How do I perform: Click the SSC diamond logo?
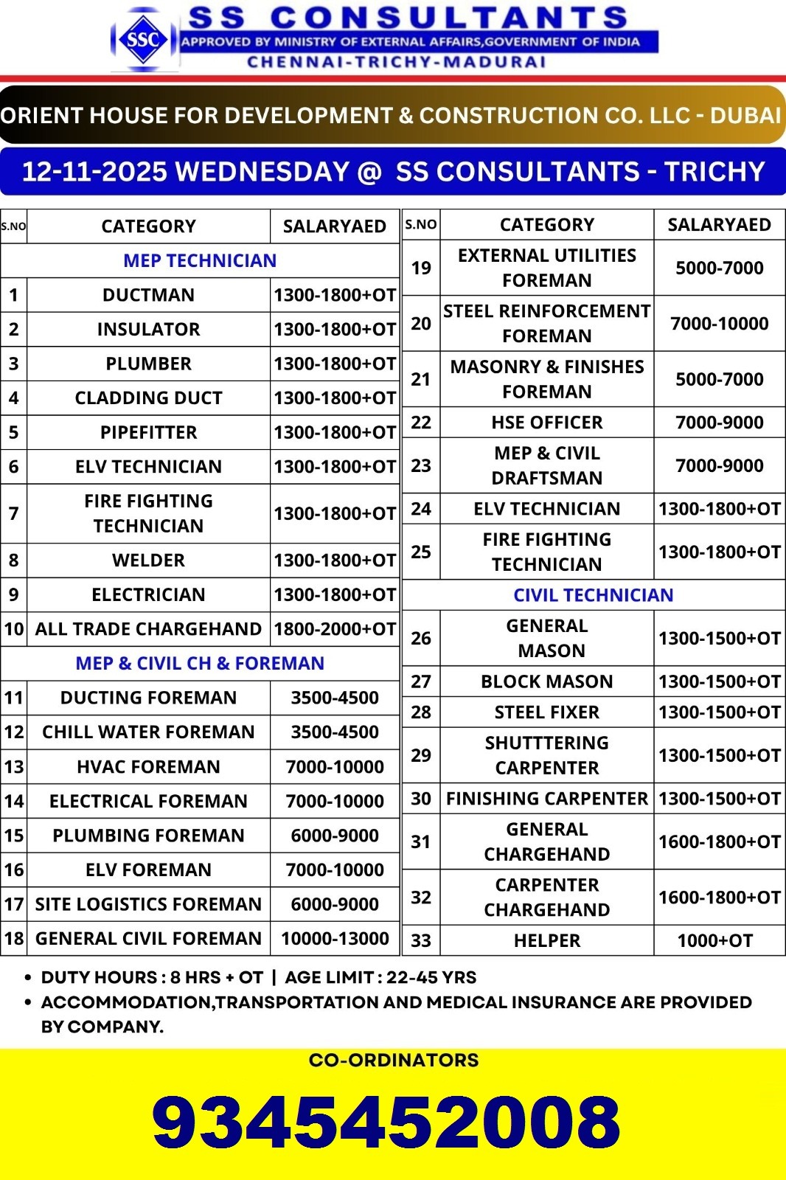[143, 39]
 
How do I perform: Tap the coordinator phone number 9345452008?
[386, 1122]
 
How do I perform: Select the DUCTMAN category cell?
[148, 295]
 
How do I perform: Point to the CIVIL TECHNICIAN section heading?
[593, 595]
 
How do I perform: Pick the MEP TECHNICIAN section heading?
[200, 260]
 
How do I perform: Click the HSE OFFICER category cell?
[546, 423]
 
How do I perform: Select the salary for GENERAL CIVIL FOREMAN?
[335, 938]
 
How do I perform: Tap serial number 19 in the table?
[421, 268]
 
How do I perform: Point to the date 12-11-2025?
[94, 172]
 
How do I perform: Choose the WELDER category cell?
[148, 560]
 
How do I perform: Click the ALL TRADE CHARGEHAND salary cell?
[335, 629]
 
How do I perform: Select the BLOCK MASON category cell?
[546, 681]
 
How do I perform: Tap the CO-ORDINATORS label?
[394, 1061]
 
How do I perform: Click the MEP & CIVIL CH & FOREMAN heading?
[200, 663]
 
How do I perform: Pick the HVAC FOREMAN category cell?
[148, 767]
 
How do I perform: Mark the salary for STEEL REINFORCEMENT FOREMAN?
[719, 323]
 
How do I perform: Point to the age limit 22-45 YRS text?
[431, 977]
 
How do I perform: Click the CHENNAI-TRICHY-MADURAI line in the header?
[397, 62]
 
